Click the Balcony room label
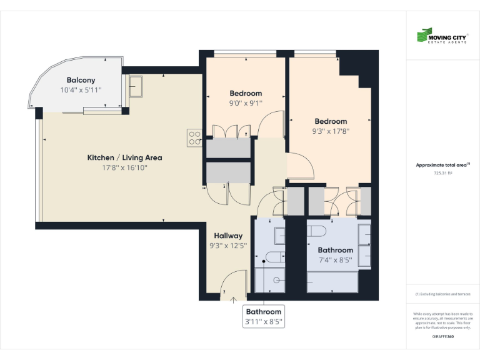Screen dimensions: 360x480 [81, 80]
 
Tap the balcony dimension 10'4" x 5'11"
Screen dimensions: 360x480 [81, 90]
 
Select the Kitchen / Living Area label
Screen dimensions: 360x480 [124, 157]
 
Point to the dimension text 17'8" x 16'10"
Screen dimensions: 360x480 [124, 167]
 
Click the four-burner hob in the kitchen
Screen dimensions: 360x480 [194, 137]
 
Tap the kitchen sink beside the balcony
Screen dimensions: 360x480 [136, 86]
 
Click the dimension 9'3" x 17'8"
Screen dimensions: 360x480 [331, 131]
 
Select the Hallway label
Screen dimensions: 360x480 [228, 236]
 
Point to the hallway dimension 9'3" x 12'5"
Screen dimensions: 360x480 [228, 246]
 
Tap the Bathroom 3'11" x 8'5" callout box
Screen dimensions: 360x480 [263, 316]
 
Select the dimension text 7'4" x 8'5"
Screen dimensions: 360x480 [336, 260]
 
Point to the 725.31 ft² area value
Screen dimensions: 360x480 [442, 172]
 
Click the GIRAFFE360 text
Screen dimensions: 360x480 [442, 337]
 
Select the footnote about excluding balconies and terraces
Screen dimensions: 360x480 [442, 294]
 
